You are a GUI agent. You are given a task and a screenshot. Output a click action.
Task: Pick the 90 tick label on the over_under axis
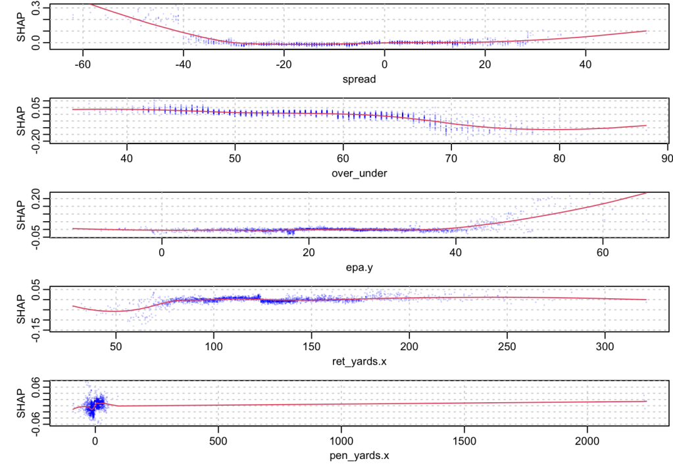(666, 159)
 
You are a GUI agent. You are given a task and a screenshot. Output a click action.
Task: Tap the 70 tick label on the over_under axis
(450, 159)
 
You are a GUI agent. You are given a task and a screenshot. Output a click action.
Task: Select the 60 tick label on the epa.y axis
(603, 253)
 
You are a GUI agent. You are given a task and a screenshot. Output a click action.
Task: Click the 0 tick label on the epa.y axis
(162, 253)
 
